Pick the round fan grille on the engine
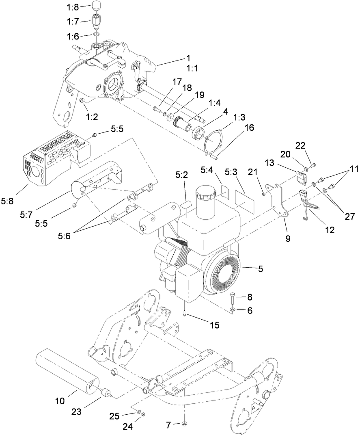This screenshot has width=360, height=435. click(x=223, y=273)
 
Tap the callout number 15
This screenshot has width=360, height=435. click(x=214, y=325)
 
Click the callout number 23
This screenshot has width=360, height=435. click(x=76, y=411)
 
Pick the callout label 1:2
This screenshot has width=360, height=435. click(x=93, y=117)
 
